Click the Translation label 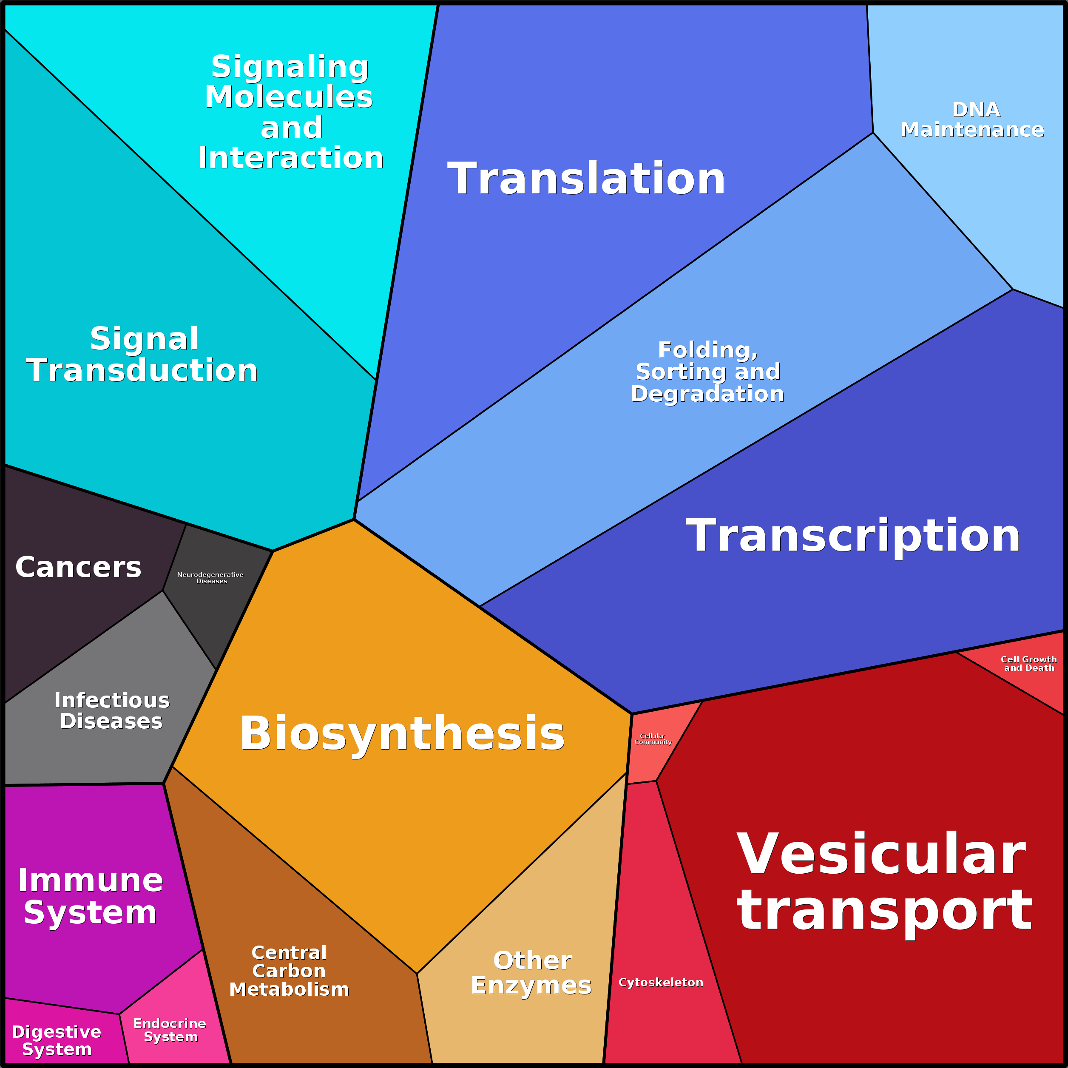tap(586, 179)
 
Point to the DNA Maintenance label tap(972, 119)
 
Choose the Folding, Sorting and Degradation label tap(707, 372)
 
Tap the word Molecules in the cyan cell tap(289, 97)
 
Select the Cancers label tap(79, 567)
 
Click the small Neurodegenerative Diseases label tap(210, 578)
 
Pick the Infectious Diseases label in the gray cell tap(112, 710)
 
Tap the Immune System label tap(90, 896)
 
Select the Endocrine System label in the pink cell tap(170, 1030)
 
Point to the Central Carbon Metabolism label tap(289, 971)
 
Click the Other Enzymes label tap(531, 973)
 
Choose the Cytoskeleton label tap(661, 982)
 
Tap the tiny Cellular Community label tap(653, 739)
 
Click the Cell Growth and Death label tap(1029, 663)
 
